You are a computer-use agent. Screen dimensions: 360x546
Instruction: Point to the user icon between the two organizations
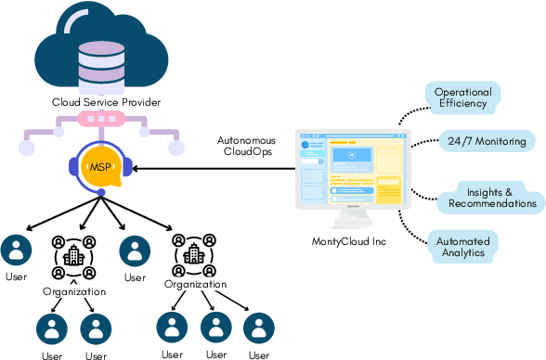tap(136, 251)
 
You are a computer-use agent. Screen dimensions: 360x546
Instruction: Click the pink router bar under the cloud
tap(99, 121)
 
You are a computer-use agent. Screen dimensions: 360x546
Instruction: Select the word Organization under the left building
tap(74, 291)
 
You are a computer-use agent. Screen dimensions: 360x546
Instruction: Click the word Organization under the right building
tap(195, 284)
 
